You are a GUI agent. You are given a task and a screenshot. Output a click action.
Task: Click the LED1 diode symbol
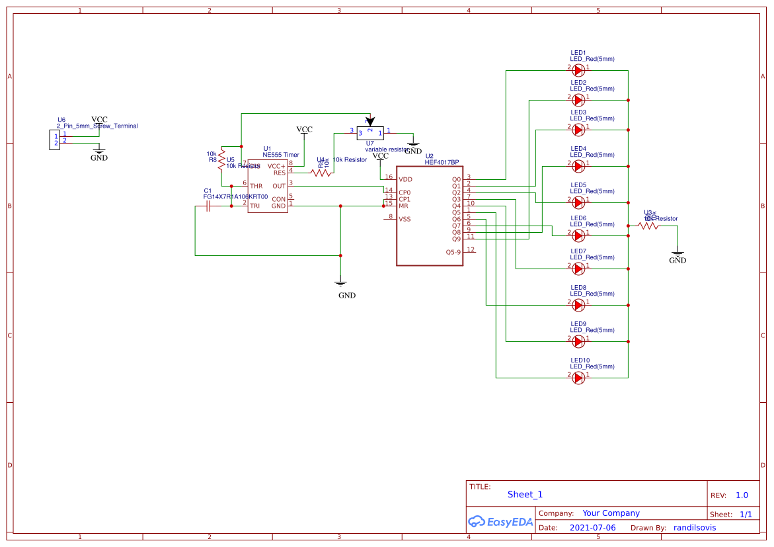point(578,70)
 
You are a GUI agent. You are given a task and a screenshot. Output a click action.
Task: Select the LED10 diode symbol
point(578,378)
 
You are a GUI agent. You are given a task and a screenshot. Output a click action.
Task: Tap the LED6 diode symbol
point(578,235)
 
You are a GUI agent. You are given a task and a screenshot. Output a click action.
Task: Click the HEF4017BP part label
point(442,162)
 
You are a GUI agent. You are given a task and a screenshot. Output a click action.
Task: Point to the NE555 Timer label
point(281,155)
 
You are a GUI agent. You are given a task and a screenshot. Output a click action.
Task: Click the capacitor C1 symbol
point(208,206)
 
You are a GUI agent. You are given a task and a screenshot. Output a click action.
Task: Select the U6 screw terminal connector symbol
point(55,140)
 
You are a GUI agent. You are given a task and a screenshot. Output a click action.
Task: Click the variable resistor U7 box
point(370,133)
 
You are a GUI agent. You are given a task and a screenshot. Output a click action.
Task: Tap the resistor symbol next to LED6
point(648,226)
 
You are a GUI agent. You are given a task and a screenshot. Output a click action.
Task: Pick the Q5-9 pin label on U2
point(453,252)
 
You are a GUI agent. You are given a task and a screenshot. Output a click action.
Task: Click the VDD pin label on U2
point(405,179)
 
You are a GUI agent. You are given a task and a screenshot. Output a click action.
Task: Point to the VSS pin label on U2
point(405,219)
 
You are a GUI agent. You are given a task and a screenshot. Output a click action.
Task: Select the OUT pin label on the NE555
point(279,186)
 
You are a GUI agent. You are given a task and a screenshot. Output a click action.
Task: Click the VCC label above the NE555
point(304,129)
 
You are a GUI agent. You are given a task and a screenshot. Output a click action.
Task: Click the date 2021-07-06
point(592,528)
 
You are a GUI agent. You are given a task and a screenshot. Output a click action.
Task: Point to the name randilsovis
point(694,528)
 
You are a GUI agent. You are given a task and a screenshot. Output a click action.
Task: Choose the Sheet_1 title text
point(525,494)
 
